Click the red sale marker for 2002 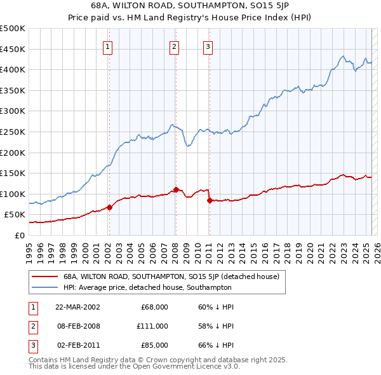[x=109, y=207]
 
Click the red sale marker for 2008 [x=176, y=189]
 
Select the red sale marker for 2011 [x=209, y=200]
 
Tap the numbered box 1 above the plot [x=108, y=46]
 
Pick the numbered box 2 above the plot [x=174, y=46]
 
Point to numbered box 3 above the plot [x=208, y=46]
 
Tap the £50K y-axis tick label [x=15, y=215]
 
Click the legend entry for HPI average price [x=147, y=287]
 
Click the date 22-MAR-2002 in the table [x=78, y=307]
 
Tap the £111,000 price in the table [x=152, y=326]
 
